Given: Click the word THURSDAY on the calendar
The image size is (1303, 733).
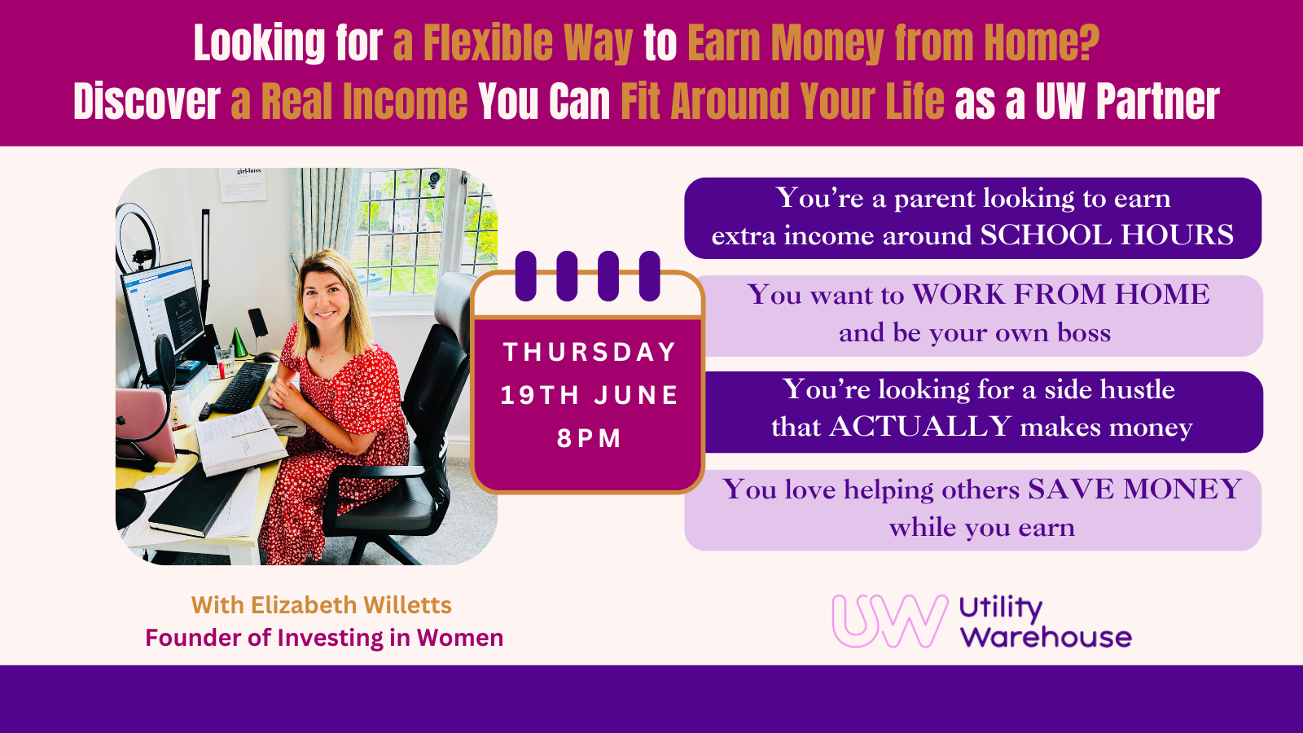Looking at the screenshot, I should pos(590,352).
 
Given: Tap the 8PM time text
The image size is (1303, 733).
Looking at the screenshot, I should pos(590,438).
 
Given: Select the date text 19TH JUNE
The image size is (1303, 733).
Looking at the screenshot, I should pos(590,395).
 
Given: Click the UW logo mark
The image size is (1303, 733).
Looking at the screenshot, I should pos(889,621).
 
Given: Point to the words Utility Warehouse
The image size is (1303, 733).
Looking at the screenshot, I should pos(1044,622).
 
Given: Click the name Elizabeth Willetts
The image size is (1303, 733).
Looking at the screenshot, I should pos(351,605).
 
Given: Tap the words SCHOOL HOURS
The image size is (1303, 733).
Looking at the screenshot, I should pos(1107,235).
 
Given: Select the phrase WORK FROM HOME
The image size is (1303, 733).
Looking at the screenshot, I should pos(1060,295).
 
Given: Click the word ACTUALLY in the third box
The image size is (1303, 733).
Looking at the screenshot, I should pos(920,427).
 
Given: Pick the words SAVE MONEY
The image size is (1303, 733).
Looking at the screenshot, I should pos(1134,489).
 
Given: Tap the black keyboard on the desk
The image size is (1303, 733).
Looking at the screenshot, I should pos(242,388).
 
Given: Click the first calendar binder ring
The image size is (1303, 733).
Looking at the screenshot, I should pos(526,276).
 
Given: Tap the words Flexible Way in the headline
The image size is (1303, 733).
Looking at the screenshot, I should pos(528,43).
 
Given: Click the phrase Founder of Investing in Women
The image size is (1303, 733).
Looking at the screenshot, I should pos(324,638).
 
